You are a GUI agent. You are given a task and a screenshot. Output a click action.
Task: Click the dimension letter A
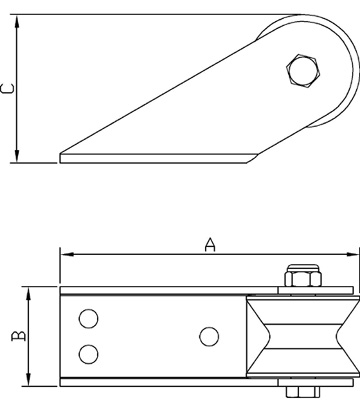(x=210, y=244)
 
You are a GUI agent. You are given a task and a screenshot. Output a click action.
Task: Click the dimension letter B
(x=19, y=336)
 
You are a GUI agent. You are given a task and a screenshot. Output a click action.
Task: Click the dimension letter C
(x=8, y=88)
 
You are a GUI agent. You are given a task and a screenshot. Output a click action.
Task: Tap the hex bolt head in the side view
(x=303, y=70)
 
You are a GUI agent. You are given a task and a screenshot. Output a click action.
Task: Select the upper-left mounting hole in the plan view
(x=88, y=319)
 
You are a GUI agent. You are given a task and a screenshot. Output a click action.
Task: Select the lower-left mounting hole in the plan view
(x=88, y=354)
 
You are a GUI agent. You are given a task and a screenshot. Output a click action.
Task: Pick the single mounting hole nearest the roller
(x=209, y=336)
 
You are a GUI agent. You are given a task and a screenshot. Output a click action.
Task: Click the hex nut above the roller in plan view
(x=303, y=276)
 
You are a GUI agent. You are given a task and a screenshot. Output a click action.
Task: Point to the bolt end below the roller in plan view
(x=303, y=392)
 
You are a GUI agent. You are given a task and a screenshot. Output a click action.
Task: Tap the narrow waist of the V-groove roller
(x=303, y=336)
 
